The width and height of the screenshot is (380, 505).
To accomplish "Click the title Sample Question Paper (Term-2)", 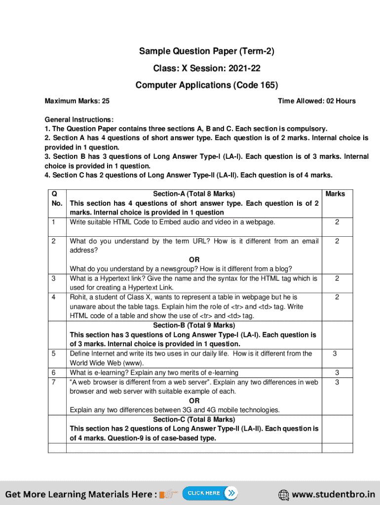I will point(206,51).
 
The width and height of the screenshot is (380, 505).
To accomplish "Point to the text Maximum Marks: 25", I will point(77,101).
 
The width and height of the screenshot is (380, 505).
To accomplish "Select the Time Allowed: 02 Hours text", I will point(316,101).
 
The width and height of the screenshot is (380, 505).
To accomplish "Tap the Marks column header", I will point(335,194).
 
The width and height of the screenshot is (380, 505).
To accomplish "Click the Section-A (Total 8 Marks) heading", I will point(194,194).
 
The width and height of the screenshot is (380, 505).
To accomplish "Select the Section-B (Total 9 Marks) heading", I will point(194,325).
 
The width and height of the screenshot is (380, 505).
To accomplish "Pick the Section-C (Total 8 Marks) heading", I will point(194,420).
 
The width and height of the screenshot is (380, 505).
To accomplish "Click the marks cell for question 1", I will point(337,222).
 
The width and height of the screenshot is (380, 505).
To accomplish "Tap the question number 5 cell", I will point(53,354).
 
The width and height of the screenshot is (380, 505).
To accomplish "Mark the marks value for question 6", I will point(335,372).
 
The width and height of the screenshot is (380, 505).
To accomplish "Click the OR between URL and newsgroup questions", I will point(194,260).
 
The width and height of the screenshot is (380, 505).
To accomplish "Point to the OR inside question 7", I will point(194,401).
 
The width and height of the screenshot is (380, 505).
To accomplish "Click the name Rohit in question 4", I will point(78,297).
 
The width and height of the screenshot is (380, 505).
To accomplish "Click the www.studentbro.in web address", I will point(333,494).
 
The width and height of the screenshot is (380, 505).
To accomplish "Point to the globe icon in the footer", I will point(284,494).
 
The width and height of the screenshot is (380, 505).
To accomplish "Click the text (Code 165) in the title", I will point(256,85).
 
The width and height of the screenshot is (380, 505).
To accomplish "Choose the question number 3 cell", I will point(53,279).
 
